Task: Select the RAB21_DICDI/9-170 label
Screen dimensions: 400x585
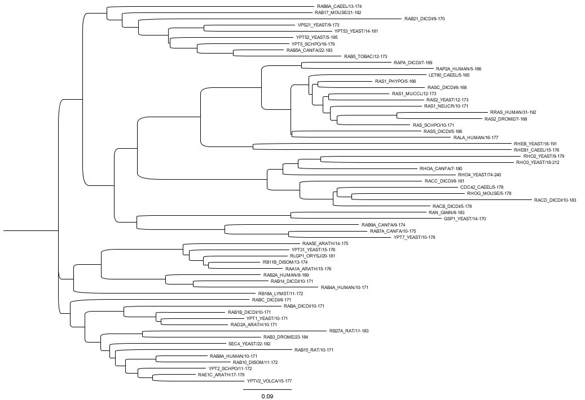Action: pos(424,19)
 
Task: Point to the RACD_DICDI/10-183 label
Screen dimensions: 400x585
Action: pos(555,200)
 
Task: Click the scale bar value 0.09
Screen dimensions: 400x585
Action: pos(267,397)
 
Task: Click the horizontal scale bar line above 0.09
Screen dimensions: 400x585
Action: pos(267,389)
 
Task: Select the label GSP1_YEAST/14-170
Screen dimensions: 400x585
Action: pos(465,219)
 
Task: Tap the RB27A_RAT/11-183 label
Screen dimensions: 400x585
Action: pos(349,331)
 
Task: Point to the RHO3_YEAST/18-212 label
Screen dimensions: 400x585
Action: pos(536,162)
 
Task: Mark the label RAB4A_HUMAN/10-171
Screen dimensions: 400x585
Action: pos(344,287)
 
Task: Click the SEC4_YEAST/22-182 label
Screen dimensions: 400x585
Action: pos(249,344)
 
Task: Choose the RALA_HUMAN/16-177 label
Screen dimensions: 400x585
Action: pos(476,137)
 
